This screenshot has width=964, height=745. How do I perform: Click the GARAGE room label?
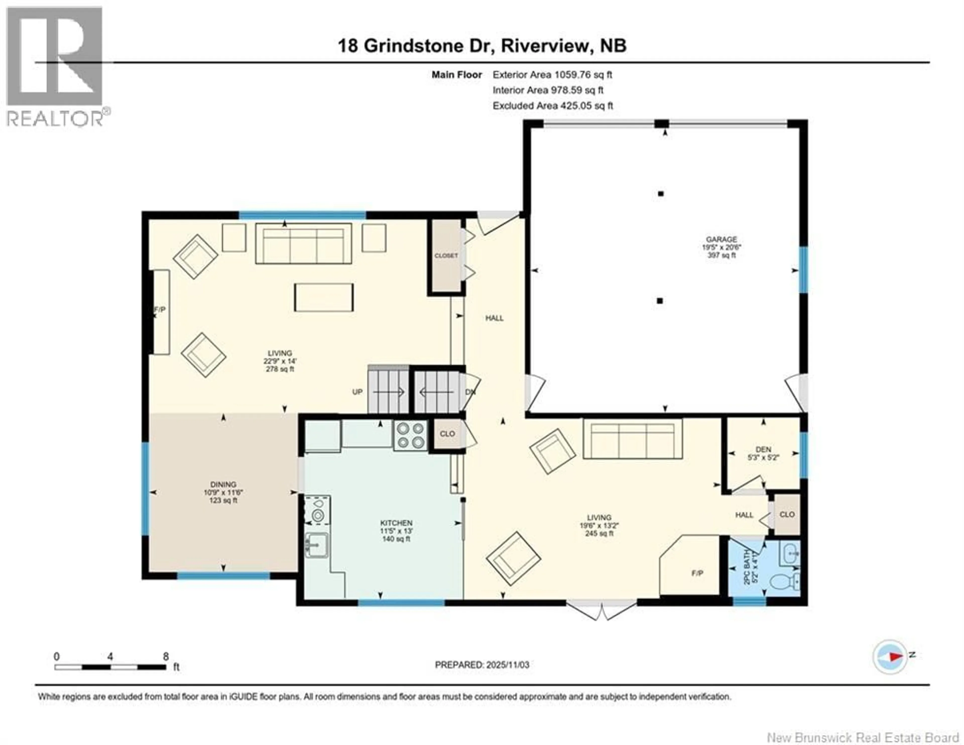721,240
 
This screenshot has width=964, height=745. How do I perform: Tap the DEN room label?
763,449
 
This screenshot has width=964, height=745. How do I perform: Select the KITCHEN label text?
396,523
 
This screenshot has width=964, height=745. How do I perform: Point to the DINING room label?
223,484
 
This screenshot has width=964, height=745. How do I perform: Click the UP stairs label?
357,392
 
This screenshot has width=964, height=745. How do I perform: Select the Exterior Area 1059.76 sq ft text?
552,75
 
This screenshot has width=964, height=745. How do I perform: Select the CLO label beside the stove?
447,434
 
